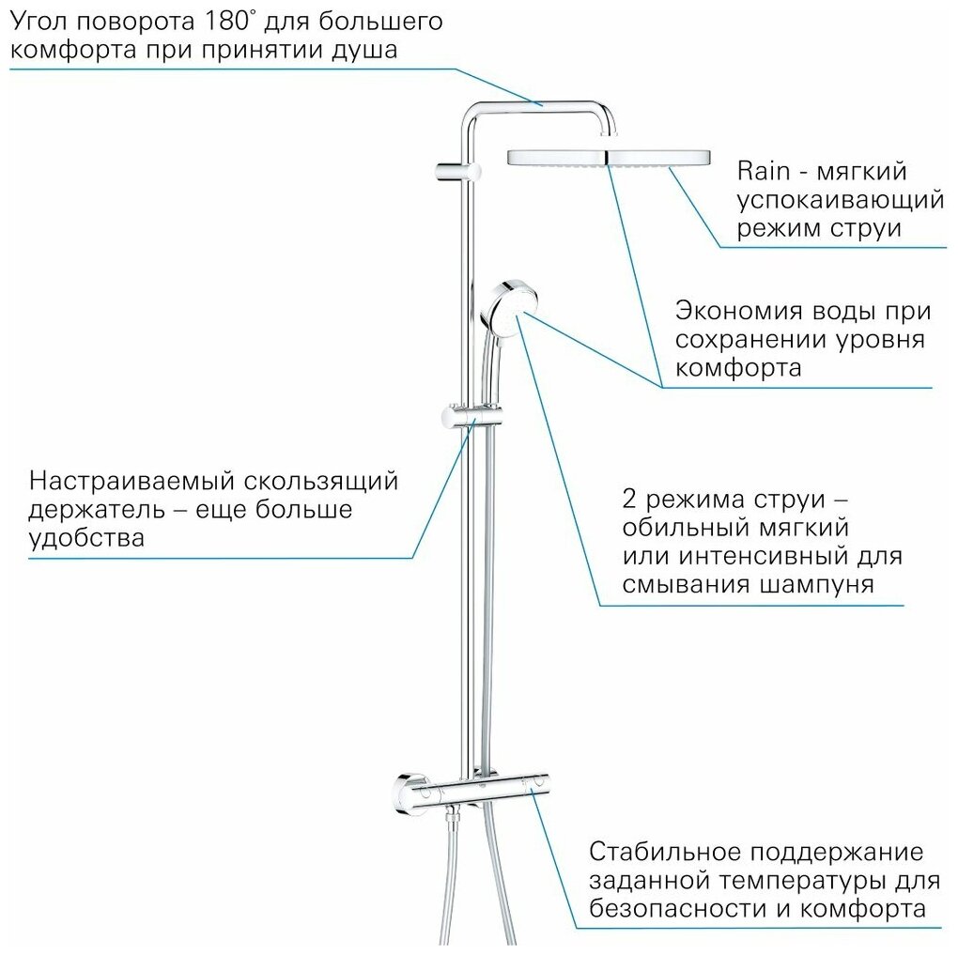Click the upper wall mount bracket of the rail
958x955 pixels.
coord(460,171)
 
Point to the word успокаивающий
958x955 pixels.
coord(840,200)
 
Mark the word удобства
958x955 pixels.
coord(86,539)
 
